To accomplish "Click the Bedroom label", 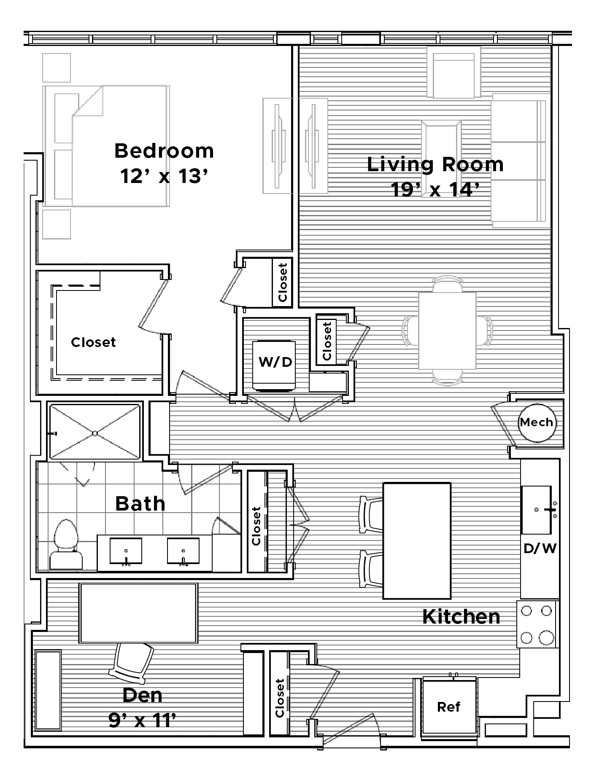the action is click(x=164, y=151).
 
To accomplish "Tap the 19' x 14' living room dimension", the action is click(x=436, y=189).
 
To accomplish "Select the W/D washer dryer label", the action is click(x=275, y=361).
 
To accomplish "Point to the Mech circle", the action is click(x=536, y=422).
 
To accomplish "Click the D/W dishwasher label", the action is click(x=540, y=548).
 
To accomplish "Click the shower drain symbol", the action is click(x=95, y=433).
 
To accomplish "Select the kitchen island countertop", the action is click(x=416, y=541).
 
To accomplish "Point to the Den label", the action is click(x=142, y=695).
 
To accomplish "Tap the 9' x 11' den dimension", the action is click(x=142, y=721).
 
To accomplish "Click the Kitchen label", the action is click(x=461, y=617).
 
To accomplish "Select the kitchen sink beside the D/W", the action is click(x=537, y=510).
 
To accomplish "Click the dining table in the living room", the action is click(x=447, y=331).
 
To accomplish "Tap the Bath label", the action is click(x=140, y=503).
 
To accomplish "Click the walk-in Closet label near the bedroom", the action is click(x=93, y=342).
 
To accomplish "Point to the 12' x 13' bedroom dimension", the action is click(x=165, y=176).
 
